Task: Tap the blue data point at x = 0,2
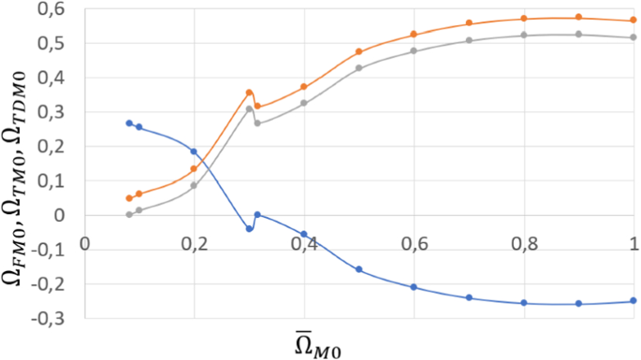(x=194, y=151)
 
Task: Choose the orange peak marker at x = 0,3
(x=249, y=93)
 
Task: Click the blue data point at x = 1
(x=634, y=301)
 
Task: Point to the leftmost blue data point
(x=129, y=123)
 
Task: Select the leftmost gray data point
(x=129, y=214)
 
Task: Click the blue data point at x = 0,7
(x=469, y=297)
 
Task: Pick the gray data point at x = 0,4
(x=304, y=103)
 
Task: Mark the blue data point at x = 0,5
(x=359, y=269)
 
